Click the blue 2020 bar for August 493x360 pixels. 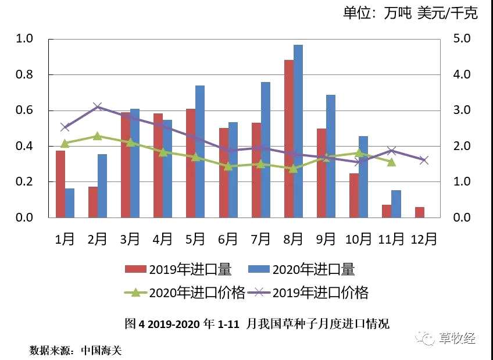click(x=298, y=131)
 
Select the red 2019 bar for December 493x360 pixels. click(x=420, y=212)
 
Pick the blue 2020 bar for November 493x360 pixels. click(x=396, y=204)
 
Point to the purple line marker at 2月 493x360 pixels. click(x=98, y=106)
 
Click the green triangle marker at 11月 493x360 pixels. click(x=391, y=162)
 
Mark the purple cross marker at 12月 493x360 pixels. click(x=424, y=160)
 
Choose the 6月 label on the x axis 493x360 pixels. click(x=228, y=239)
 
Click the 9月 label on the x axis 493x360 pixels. click(x=326, y=239)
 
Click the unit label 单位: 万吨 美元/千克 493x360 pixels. click(x=410, y=13)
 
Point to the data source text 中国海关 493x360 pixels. click(x=101, y=350)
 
